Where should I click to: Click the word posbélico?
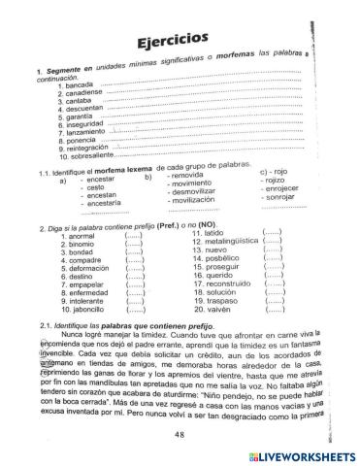223,260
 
